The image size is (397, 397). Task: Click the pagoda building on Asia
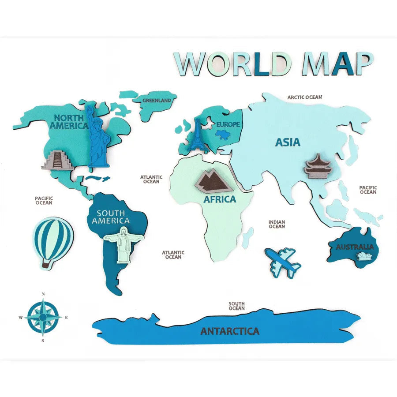318,166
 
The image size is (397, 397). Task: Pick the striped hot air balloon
53,242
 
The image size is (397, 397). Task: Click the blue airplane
283,262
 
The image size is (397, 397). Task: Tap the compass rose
43,317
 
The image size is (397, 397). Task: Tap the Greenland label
157,101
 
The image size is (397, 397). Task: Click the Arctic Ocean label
305,97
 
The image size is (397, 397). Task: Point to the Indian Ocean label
277,224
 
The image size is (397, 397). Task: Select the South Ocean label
237,306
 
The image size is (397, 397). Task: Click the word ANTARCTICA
230,331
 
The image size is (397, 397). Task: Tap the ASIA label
288,142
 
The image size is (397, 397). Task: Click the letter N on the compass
43,294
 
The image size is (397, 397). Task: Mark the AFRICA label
220,199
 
